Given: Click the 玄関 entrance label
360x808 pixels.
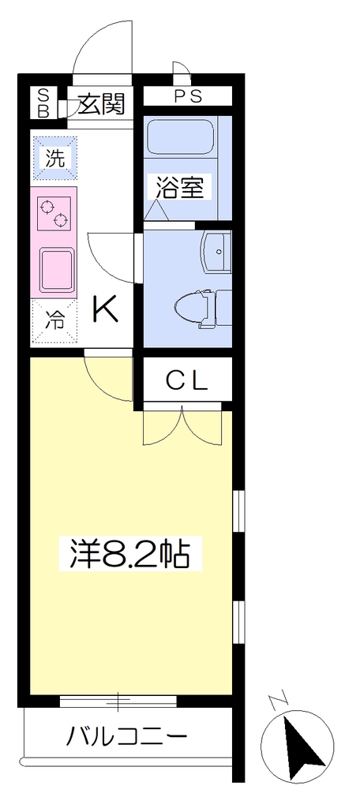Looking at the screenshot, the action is click(x=102, y=105).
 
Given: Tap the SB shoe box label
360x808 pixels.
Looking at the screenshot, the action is click(x=44, y=103).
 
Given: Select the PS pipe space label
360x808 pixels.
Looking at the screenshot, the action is click(x=187, y=97).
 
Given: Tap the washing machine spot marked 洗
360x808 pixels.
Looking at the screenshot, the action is click(x=54, y=158).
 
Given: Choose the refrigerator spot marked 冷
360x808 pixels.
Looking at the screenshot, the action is click(x=54, y=321).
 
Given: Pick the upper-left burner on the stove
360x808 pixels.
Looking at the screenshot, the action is click(x=47, y=208).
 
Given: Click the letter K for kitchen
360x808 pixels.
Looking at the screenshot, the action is click(x=106, y=309).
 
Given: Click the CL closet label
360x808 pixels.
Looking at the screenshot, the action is click(x=186, y=381).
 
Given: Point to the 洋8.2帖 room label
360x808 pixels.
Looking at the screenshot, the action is click(x=130, y=553).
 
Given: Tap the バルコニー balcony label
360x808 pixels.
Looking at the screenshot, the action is click(x=126, y=739).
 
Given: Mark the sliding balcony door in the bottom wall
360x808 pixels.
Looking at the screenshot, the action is click(x=118, y=701).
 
